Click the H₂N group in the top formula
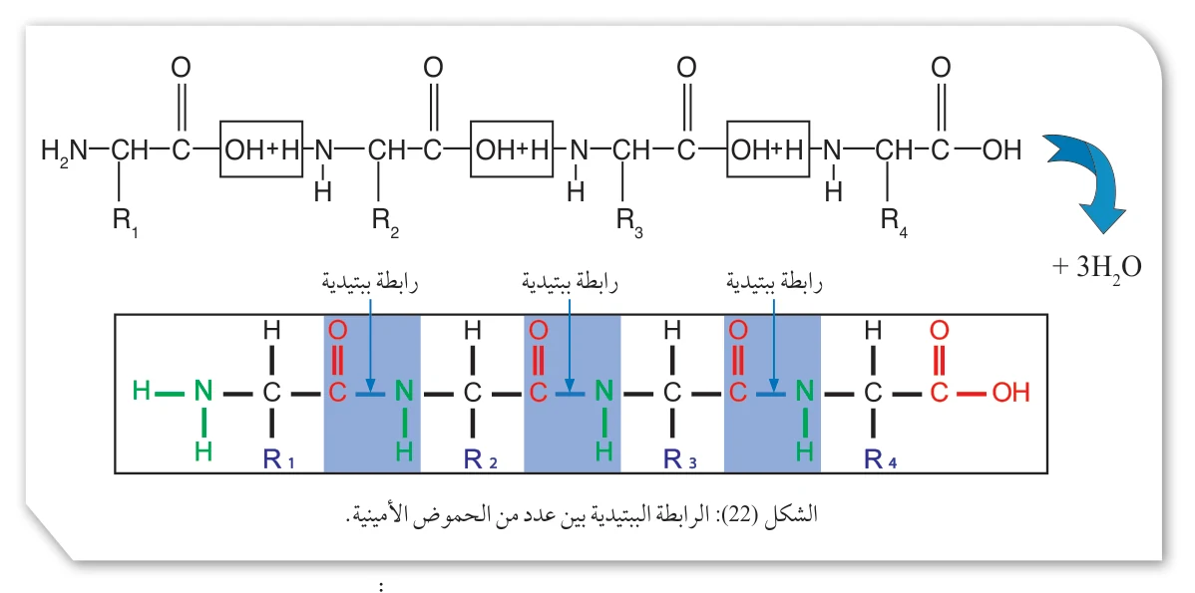coord(65,150)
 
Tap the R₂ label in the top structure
coord(386,222)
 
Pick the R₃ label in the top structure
coord(629,222)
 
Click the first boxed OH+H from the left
coord(261,149)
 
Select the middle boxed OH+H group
coord(512,149)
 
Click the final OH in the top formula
coord(1000,150)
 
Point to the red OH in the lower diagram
coord(1010,393)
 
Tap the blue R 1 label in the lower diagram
coord(279,458)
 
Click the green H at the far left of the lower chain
coord(141,393)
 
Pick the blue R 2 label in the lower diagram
coord(481,458)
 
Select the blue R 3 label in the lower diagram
coord(681,458)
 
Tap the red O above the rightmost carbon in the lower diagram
coord(939,330)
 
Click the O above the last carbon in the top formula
coord(941,68)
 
